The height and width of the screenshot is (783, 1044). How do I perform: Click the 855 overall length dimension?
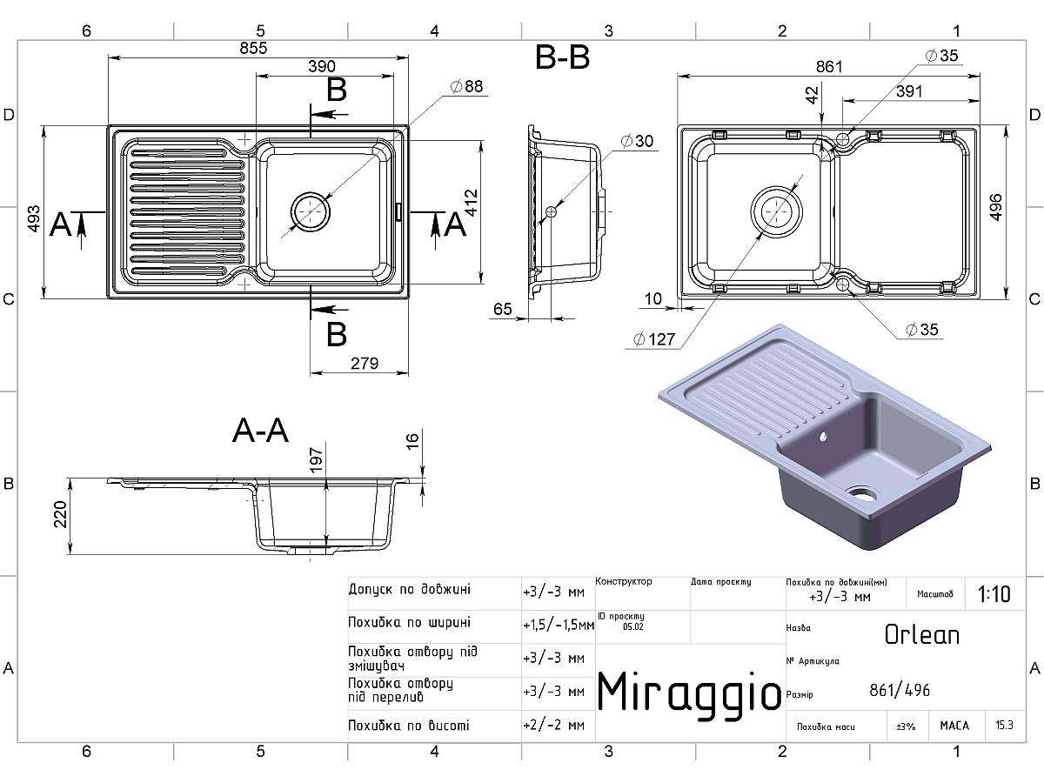tap(253, 48)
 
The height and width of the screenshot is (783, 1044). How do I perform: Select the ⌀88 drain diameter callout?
tap(466, 86)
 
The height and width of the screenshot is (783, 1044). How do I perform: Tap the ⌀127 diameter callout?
tap(654, 339)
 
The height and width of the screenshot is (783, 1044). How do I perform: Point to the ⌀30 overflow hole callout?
tap(638, 141)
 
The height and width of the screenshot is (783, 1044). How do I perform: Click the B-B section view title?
tap(562, 57)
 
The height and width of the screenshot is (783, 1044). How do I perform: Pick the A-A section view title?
tap(261, 431)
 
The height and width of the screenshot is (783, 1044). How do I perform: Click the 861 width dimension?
tap(829, 67)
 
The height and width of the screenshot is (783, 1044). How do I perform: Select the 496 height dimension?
tap(995, 207)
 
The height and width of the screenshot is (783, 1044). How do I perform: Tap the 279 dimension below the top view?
tap(365, 363)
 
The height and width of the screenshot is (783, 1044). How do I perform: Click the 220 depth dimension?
tap(60, 514)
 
